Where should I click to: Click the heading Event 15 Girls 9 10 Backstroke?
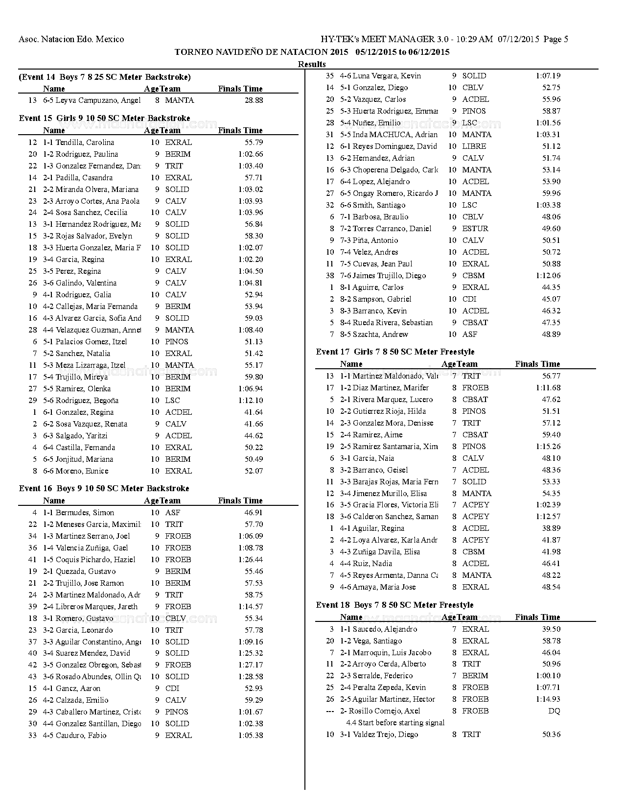pos(104,118)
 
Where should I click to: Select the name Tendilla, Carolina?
pos(85,143)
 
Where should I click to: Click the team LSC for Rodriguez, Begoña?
pos(172,401)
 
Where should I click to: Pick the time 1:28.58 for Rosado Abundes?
pos(251,677)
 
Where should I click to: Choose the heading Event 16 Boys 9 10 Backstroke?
pos(104,488)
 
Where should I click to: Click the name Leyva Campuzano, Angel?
pos(98,100)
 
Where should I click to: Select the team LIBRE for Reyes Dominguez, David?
pos(474,146)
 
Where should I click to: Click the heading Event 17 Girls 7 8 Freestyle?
pos(395,352)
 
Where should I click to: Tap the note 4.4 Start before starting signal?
pos(395,723)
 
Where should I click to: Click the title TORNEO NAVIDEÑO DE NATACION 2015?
pos(261,52)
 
